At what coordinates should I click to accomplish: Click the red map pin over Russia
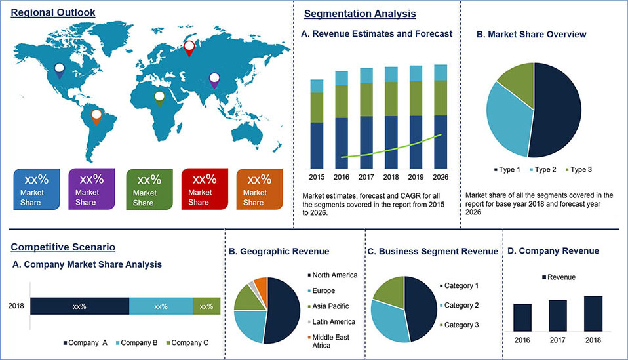pyautogui.click(x=189, y=48)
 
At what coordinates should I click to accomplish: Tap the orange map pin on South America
pyautogui.click(x=96, y=117)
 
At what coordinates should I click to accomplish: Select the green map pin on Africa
pyautogui.click(x=159, y=98)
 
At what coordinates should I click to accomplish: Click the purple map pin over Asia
pyautogui.click(x=214, y=80)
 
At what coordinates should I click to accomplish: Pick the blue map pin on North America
pyautogui.click(x=60, y=70)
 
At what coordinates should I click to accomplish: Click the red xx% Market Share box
pyautogui.click(x=205, y=189)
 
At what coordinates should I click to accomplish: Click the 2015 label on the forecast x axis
pyautogui.click(x=317, y=178)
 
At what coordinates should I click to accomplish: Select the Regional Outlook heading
pyautogui.click(x=53, y=12)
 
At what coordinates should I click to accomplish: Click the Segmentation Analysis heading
pyautogui.click(x=360, y=14)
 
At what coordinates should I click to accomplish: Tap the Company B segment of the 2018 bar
pyautogui.click(x=161, y=306)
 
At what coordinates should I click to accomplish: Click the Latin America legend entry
pyautogui.click(x=333, y=322)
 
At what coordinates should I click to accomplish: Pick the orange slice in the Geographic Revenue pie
pyautogui.click(x=260, y=286)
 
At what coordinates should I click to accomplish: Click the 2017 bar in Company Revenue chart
pyautogui.click(x=557, y=315)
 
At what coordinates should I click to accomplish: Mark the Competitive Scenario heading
pyautogui.click(x=63, y=247)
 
